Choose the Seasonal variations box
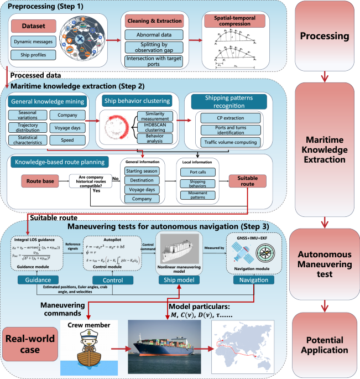(27, 115)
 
